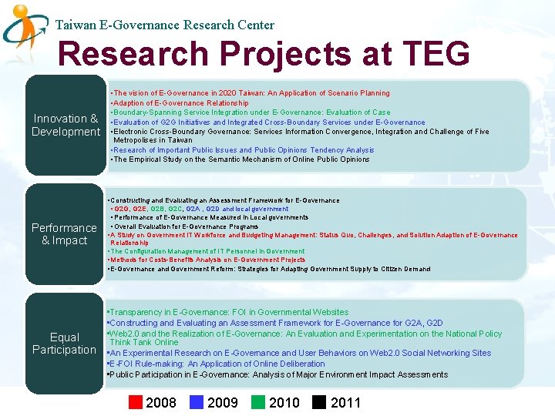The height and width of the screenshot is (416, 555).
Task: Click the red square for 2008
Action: pyautogui.click(x=136, y=402)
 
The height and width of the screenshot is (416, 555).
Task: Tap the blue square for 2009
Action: pyautogui.click(x=196, y=402)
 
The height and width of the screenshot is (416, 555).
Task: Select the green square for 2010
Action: pyautogui.click(x=257, y=402)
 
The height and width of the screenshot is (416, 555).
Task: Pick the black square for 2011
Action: pyautogui.click(x=319, y=402)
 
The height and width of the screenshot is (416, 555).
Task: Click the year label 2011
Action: pyautogui.click(x=345, y=402)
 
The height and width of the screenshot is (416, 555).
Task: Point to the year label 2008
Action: pyautogui.click(x=161, y=402)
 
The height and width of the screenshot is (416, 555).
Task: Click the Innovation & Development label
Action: pyautogui.click(x=66, y=125)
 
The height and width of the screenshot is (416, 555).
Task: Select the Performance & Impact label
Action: pyautogui.click(x=64, y=234)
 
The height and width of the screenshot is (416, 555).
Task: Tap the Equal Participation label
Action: pyautogui.click(x=64, y=344)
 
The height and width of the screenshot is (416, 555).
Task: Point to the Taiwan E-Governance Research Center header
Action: pyautogui.click(x=165, y=25)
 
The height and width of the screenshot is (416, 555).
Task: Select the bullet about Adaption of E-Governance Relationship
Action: pyautogui.click(x=180, y=102)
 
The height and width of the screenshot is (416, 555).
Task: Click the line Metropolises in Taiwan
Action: pyautogui.click(x=153, y=140)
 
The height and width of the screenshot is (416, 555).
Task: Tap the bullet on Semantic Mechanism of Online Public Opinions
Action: pyautogui.click(x=240, y=159)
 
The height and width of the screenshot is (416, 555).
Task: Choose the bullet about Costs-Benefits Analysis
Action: pyautogui.click(x=207, y=260)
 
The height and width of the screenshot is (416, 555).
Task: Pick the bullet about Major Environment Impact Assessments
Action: pyautogui.click(x=277, y=374)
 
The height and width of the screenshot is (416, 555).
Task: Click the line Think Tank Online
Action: pyautogui.click(x=144, y=342)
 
